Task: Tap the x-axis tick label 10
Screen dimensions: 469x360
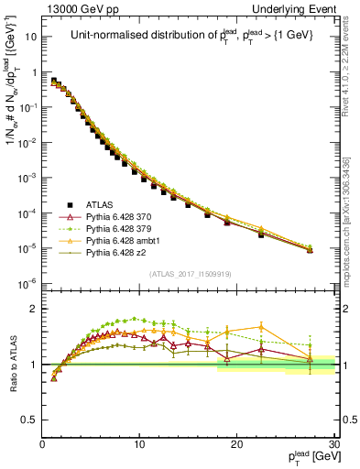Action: [x=139, y=444]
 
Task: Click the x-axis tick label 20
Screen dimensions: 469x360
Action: [x=236, y=444]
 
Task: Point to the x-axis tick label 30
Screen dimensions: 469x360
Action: [x=333, y=444]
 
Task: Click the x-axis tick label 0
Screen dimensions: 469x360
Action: [x=42, y=444]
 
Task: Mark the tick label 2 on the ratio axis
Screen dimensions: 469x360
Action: [x=32, y=309]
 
